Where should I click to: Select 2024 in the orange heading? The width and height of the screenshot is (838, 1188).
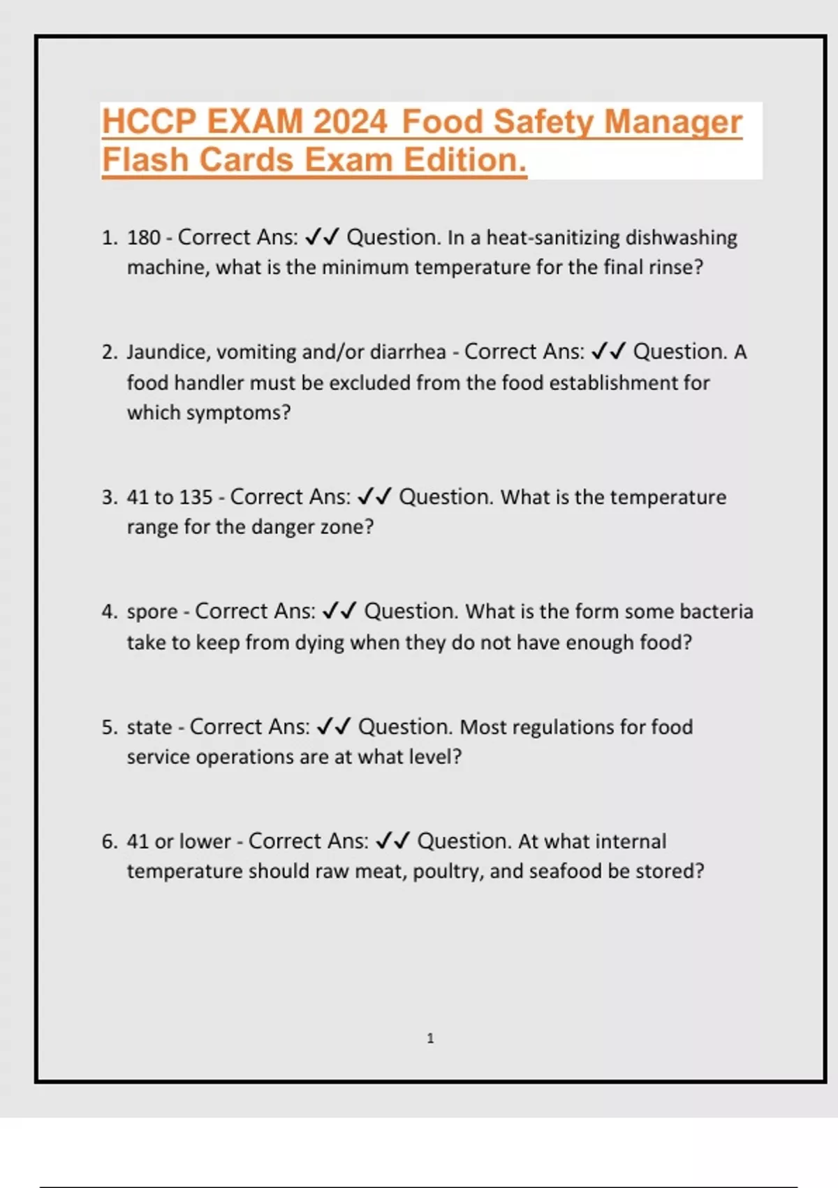[x=349, y=122]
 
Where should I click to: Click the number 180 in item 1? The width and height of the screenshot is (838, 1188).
[x=144, y=238]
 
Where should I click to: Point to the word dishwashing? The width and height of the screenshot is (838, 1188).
[x=681, y=238]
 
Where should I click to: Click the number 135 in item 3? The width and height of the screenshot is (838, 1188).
[x=196, y=498]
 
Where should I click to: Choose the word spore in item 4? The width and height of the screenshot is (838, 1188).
[x=152, y=612]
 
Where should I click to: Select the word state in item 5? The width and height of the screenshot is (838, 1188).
[x=149, y=727]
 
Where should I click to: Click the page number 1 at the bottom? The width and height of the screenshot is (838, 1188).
[x=430, y=1038]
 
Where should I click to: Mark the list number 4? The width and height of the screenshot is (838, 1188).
[x=108, y=612]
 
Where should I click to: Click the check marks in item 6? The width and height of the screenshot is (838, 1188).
[x=392, y=841]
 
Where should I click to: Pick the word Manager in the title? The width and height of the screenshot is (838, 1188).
[x=672, y=122]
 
